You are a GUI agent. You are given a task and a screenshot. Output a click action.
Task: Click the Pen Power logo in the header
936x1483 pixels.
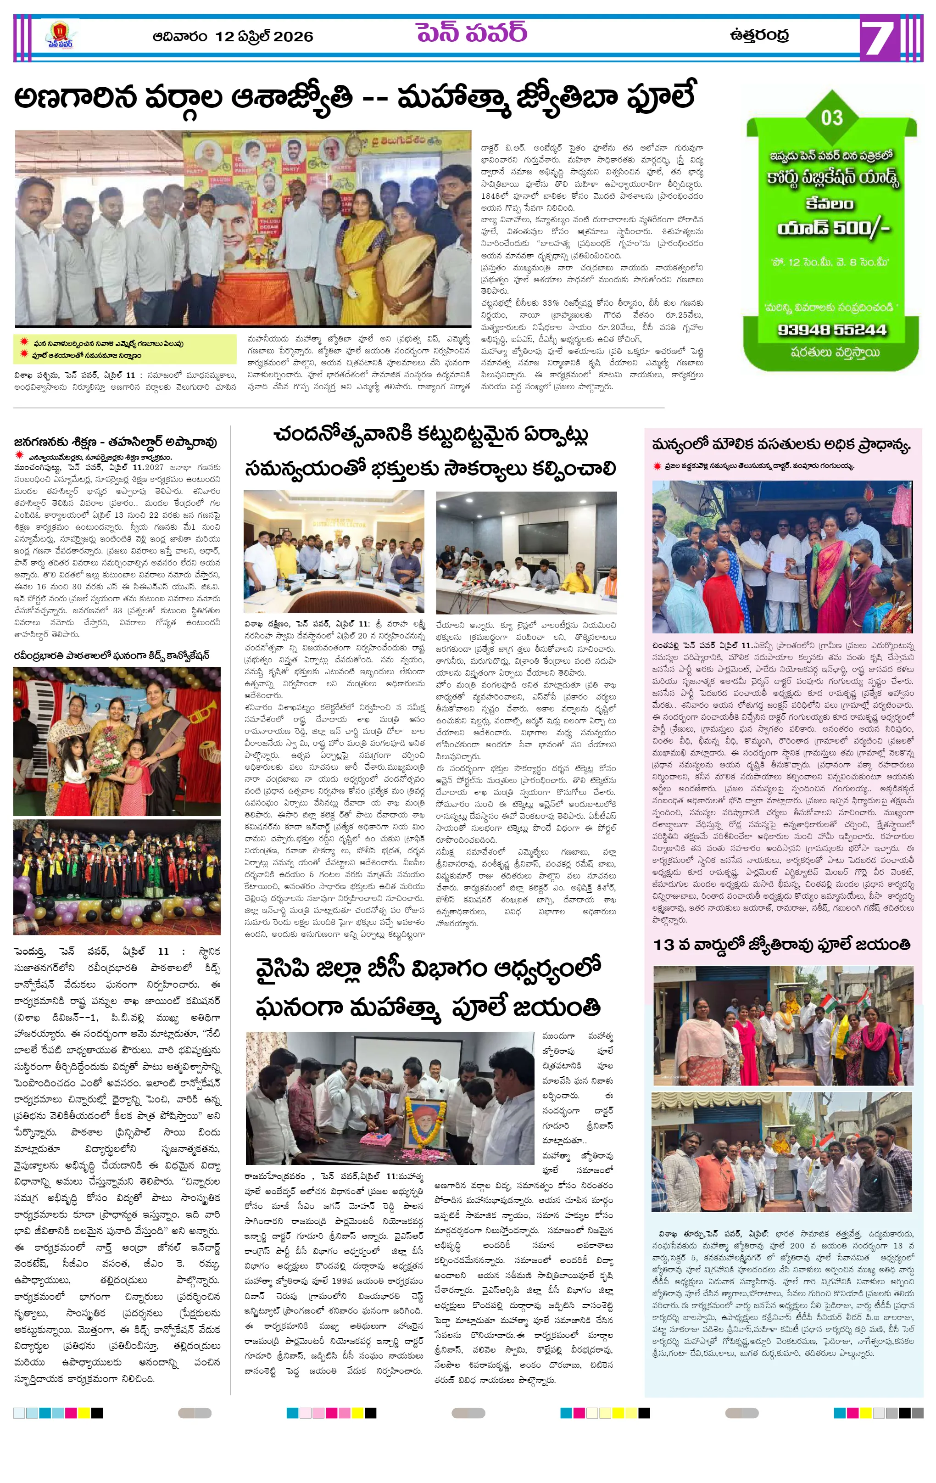[x=59, y=36]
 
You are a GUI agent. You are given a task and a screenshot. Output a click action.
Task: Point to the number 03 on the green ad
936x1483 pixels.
[x=831, y=117]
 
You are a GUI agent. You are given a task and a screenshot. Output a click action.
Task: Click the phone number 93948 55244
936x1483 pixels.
[x=831, y=330]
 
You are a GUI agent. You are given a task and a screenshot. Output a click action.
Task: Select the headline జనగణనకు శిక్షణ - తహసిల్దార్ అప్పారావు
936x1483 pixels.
[x=115, y=442]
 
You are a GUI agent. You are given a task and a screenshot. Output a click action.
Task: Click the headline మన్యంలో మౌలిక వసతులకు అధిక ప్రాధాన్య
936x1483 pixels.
[x=781, y=445]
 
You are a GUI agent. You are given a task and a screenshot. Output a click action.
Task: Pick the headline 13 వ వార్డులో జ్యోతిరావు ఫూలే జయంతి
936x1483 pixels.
[x=781, y=945]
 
